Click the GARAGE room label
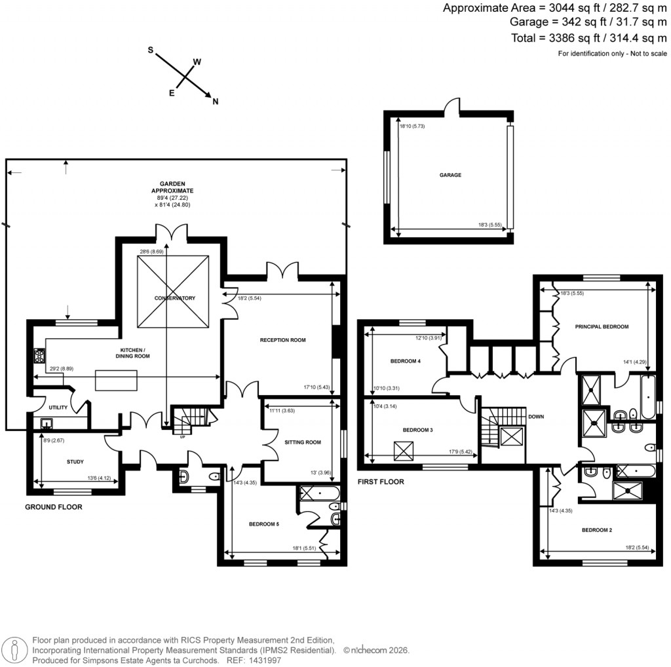pyautogui.click(x=450, y=175)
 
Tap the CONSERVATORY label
pyautogui.click(x=175, y=298)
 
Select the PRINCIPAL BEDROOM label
pyautogui.click(x=602, y=326)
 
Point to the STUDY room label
pyautogui.click(x=75, y=461)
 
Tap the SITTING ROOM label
pyautogui.click(x=303, y=442)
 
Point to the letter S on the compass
pyautogui.click(x=150, y=50)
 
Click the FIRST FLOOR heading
pyautogui.click(x=381, y=482)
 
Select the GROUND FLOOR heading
pyautogui.click(x=54, y=506)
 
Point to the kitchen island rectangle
pyautogui.click(x=117, y=379)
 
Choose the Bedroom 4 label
pyautogui.click(x=406, y=361)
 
